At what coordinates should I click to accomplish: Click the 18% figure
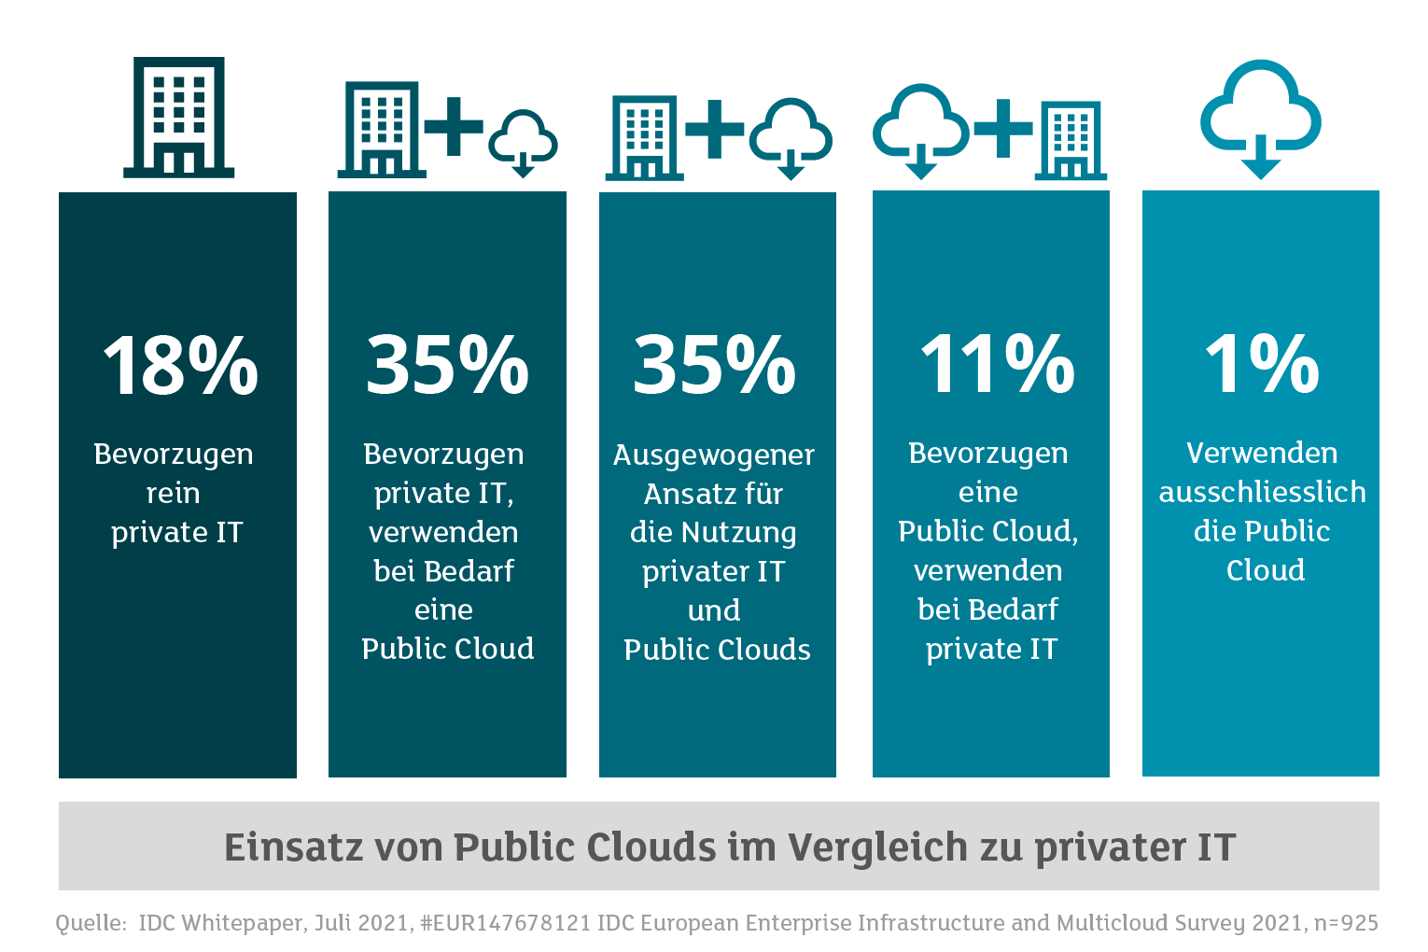point(179,365)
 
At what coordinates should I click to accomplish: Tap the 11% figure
point(997,364)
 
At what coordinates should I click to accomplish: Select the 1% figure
point(1261,364)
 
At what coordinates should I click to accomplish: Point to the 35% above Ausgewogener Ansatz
point(715,365)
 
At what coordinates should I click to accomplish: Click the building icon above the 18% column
point(178,117)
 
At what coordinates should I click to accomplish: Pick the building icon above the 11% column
point(1071,140)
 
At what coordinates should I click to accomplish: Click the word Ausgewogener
point(714,455)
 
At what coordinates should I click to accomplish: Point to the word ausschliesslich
point(1262,492)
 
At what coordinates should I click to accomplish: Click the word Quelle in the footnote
point(91,923)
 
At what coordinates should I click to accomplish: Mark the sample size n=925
point(1345,923)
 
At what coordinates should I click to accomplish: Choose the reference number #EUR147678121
point(505,923)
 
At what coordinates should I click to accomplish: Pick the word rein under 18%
point(174,493)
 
